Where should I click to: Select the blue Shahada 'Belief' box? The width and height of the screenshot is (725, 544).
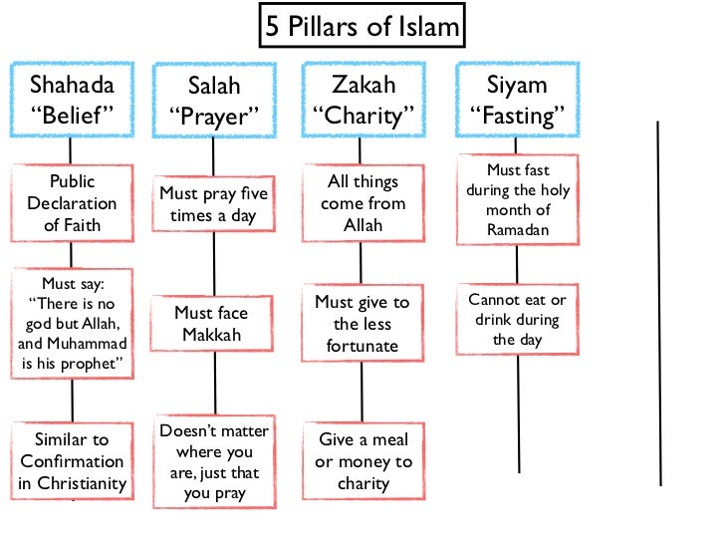[71, 100]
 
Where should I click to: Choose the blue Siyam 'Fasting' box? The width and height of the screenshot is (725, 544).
[516, 100]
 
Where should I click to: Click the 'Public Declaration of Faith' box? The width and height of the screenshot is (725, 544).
[71, 203]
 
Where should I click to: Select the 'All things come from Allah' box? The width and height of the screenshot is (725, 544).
[362, 203]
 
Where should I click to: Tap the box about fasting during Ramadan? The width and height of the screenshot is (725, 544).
[517, 200]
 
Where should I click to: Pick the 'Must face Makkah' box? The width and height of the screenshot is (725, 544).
[212, 324]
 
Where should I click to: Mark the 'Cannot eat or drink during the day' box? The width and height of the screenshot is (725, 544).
[518, 320]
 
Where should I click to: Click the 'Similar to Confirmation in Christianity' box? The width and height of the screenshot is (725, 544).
[72, 461]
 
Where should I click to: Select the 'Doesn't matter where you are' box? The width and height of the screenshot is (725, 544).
[214, 461]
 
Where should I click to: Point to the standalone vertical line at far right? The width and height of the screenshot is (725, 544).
[659, 303]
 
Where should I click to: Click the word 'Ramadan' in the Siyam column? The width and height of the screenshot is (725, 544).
[517, 230]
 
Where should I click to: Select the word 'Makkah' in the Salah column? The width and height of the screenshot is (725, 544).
[212, 336]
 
